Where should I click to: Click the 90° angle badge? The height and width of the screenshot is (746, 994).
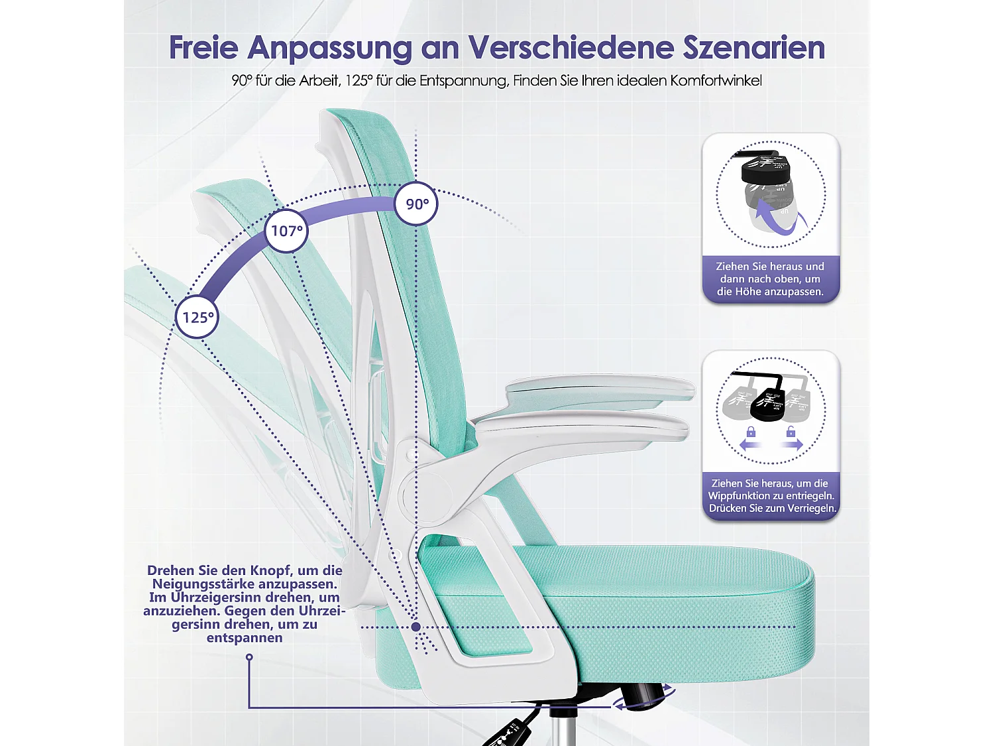point(416,204)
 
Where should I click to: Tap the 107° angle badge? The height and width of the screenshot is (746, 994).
point(286,231)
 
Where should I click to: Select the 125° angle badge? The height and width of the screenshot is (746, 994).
point(197,317)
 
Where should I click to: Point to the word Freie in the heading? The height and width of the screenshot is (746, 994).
point(203,48)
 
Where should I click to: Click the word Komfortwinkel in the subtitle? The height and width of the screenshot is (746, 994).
point(716,81)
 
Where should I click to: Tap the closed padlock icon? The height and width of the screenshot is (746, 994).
point(751,432)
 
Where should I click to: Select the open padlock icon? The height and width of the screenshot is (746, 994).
point(791,432)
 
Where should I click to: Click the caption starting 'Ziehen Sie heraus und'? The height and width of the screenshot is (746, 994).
point(770,279)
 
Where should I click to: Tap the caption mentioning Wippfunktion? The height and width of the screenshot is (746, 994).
point(771,496)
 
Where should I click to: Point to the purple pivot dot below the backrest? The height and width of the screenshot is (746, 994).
point(415,627)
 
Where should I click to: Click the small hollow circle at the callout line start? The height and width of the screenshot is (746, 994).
point(249,657)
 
